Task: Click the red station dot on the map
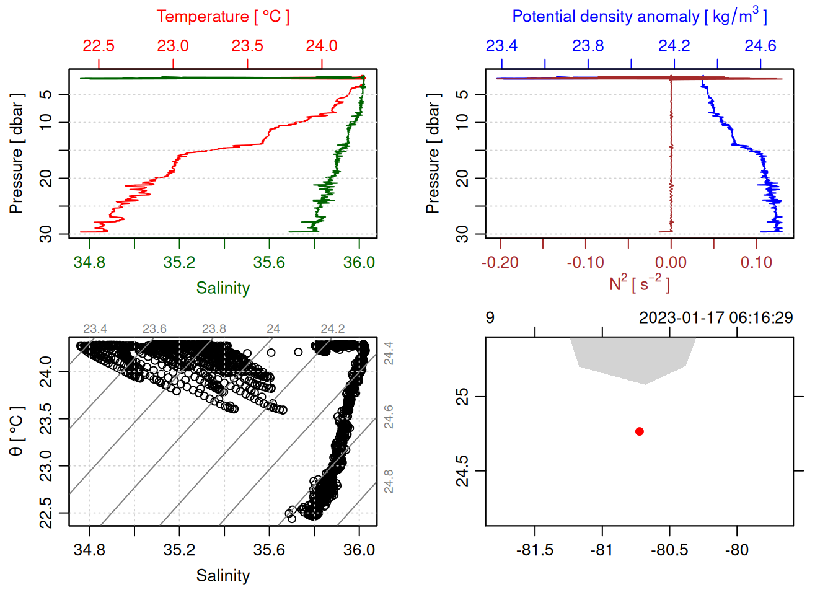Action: tap(640, 431)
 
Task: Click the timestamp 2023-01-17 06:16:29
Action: tap(716, 318)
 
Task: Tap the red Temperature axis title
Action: tap(223, 17)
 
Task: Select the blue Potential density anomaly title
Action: tap(639, 17)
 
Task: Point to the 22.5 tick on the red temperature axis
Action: tap(99, 46)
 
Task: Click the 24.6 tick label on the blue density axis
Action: tap(760, 46)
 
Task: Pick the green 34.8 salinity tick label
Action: tap(89, 262)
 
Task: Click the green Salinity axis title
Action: tap(223, 288)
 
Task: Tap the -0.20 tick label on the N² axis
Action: tap(500, 262)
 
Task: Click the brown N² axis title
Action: tap(639, 284)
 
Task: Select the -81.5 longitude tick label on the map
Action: tap(535, 550)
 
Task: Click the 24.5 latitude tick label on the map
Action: tap(462, 471)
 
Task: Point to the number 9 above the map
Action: tap(490, 318)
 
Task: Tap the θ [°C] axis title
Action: tap(17, 431)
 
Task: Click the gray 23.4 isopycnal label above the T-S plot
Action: tap(95, 329)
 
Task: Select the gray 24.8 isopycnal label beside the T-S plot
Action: tap(389, 482)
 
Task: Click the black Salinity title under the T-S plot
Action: tap(223, 576)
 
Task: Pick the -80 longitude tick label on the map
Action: tap(736, 550)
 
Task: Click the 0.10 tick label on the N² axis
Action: tap(756, 262)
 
